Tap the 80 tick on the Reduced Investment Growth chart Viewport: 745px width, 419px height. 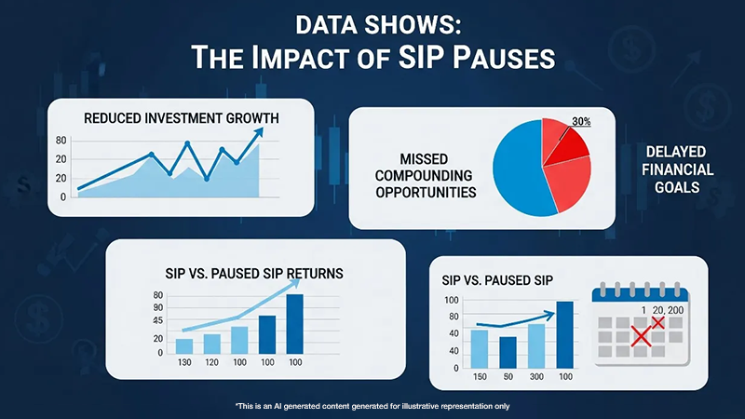point(61,141)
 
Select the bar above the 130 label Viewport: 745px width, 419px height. point(184,345)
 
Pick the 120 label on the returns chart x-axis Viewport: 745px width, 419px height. point(211,361)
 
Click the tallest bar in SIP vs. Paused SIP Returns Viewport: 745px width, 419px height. point(295,323)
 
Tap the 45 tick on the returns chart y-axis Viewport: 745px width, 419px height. point(158,321)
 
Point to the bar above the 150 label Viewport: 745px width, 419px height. point(480,347)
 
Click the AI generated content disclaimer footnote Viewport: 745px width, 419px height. point(372,406)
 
